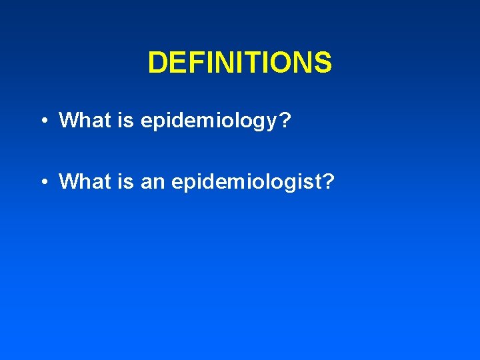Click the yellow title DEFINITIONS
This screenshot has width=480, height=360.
[239, 63]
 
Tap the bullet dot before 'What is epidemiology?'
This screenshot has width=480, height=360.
[42, 121]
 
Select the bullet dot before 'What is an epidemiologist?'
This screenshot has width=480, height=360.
[42, 181]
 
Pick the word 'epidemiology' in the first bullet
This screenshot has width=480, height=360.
[204, 121]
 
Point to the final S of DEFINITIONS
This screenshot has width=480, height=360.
[323, 63]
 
